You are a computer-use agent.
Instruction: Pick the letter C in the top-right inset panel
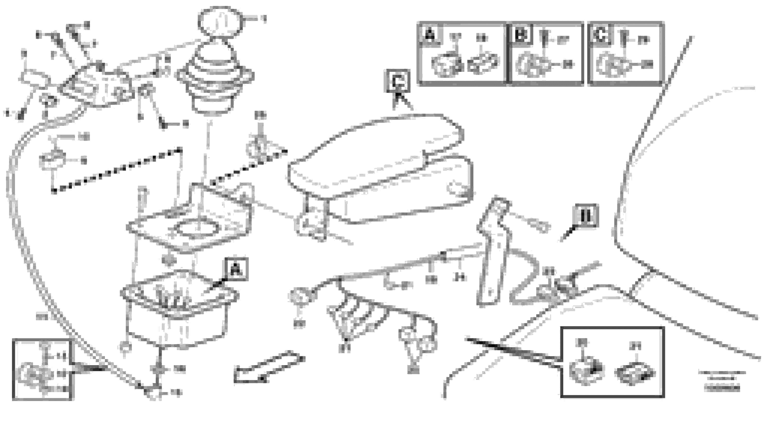600,35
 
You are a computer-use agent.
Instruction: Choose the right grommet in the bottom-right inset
634,373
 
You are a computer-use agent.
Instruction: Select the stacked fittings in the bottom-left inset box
36,373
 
